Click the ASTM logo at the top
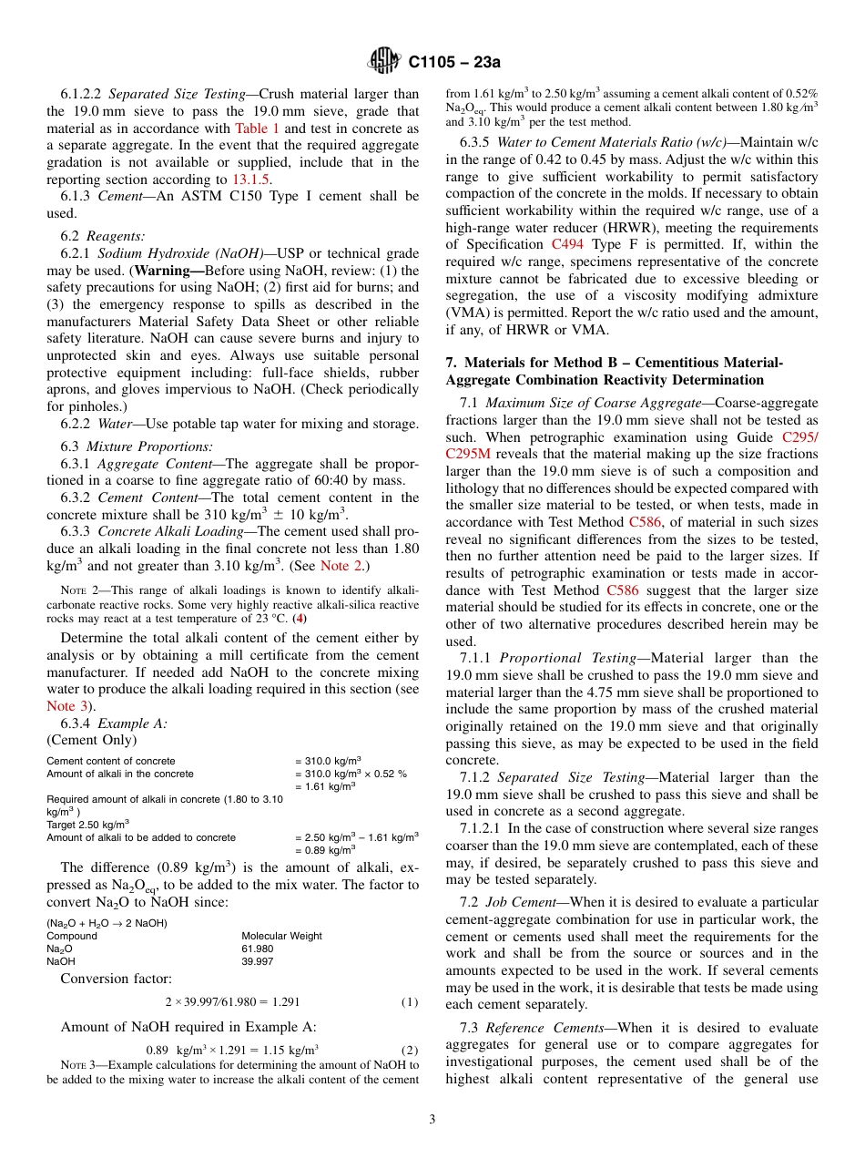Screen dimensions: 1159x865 pyautogui.click(x=383, y=61)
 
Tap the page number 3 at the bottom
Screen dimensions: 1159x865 pyautogui.click(x=432, y=1118)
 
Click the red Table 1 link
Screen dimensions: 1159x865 pyautogui.click(x=258, y=128)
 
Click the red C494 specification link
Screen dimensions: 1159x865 pyautogui.click(x=568, y=244)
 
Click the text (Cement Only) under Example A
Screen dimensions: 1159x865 pyautogui.click(x=91, y=739)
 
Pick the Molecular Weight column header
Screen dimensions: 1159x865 pyautogui.click(x=281, y=936)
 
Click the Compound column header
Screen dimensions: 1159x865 pyautogui.click(x=72, y=936)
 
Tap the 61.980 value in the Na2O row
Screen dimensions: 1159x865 pyautogui.click(x=257, y=949)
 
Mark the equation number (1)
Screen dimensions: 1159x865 pyautogui.click(x=410, y=1002)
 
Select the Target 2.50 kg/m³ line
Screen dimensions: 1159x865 pyautogui.click(x=87, y=824)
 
